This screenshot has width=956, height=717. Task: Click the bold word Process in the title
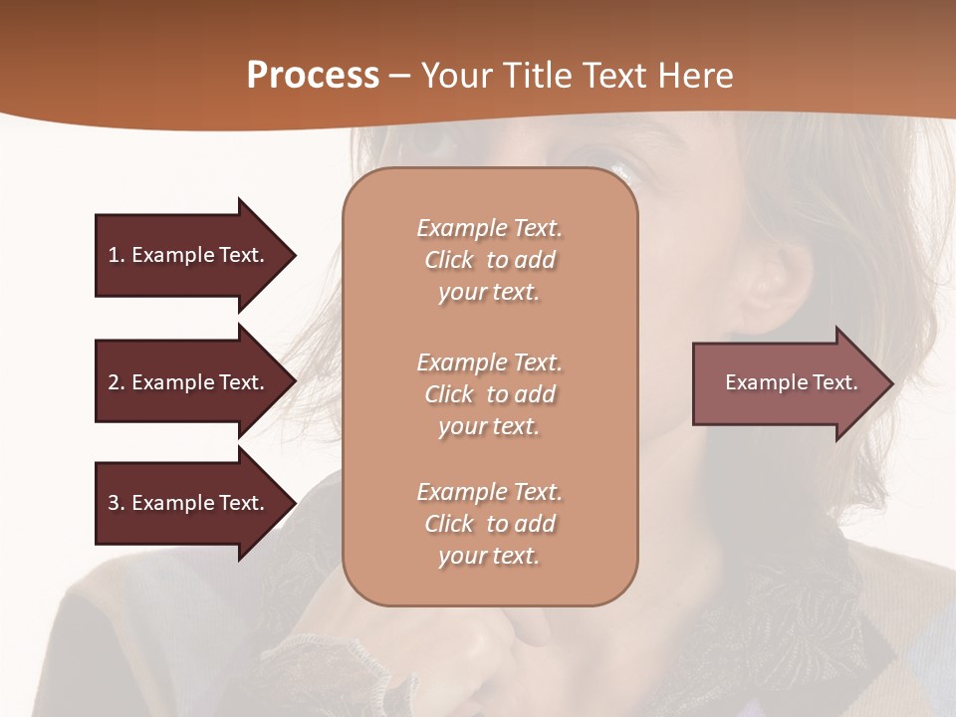coord(313,76)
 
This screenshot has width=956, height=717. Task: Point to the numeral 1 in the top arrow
coord(113,255)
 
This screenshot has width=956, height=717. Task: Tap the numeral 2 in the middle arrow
coord(113,382)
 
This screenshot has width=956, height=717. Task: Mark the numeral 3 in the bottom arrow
coord(113,503)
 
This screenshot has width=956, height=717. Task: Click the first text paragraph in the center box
coord(489,260)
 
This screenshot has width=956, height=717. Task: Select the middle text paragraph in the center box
coord(489,394)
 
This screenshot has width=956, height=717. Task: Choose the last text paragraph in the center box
coord(489,524)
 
